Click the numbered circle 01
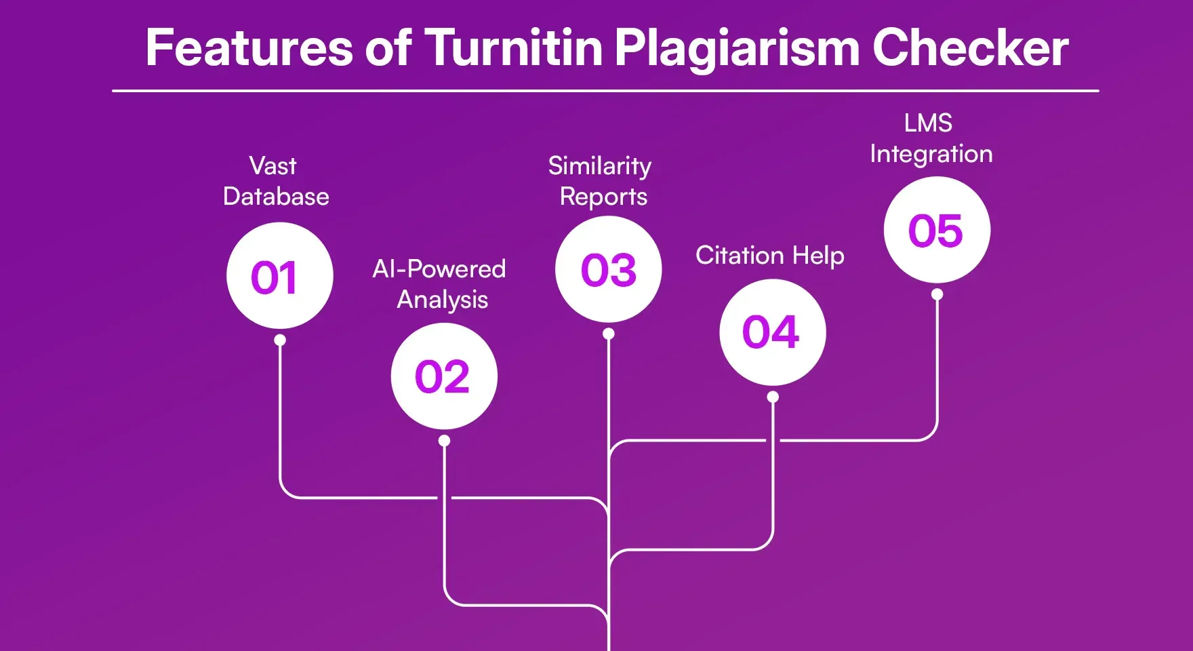(279, 276)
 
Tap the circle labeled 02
(444, 376)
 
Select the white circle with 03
(608, 269)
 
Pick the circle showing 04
(772, 332)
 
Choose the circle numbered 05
(937, 230)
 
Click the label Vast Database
(275, 181)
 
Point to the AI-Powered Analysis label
(440, 284)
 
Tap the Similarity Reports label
(601, 181)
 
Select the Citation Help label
(770, 256)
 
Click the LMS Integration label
(931, 138)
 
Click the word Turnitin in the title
(513, 48)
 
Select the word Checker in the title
(969, 48)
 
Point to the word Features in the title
(249, 48)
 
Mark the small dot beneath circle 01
(280, 340)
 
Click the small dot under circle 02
(444, 441)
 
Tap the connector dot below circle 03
(609, 334)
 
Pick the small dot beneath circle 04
(773, 397)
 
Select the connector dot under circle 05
(937, 294)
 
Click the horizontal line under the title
(605, 90)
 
